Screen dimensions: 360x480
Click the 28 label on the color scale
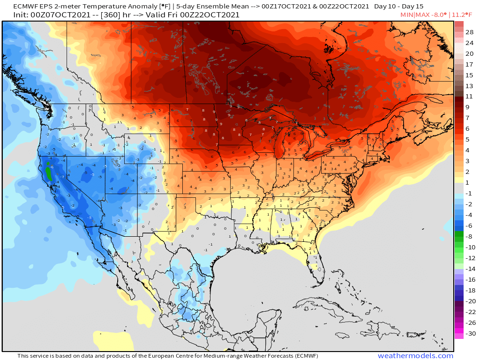coord(469,32)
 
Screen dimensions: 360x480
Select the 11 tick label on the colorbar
coord(469,96)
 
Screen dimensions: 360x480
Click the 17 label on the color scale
coord(469,64)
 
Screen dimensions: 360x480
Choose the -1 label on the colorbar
coord(469,194)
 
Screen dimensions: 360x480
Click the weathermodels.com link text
coord(415,356)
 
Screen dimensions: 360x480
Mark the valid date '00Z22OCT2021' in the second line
coord(212,15)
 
